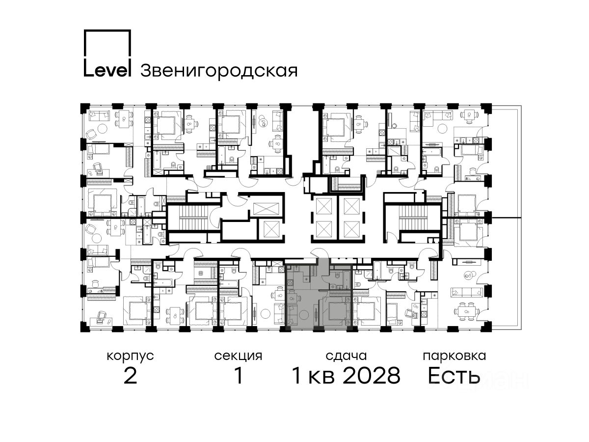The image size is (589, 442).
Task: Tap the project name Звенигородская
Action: (219, 71)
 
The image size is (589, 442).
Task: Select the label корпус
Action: (130, 357)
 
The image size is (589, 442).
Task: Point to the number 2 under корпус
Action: (131, 376)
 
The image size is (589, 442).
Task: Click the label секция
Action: (238, 357)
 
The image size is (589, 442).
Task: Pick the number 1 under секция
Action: (239, 376)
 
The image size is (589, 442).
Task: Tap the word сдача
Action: (346, 357)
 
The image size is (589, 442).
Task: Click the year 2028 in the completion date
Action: (372, 376)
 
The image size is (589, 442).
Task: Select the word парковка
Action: (455, 357)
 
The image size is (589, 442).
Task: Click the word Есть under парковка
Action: (454, 376)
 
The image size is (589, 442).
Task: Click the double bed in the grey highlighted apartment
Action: (337, 311)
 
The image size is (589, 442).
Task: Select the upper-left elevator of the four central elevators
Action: (324, 206)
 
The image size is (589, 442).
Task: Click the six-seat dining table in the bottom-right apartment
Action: (467, 311)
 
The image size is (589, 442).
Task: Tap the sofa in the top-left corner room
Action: (99, 116)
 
